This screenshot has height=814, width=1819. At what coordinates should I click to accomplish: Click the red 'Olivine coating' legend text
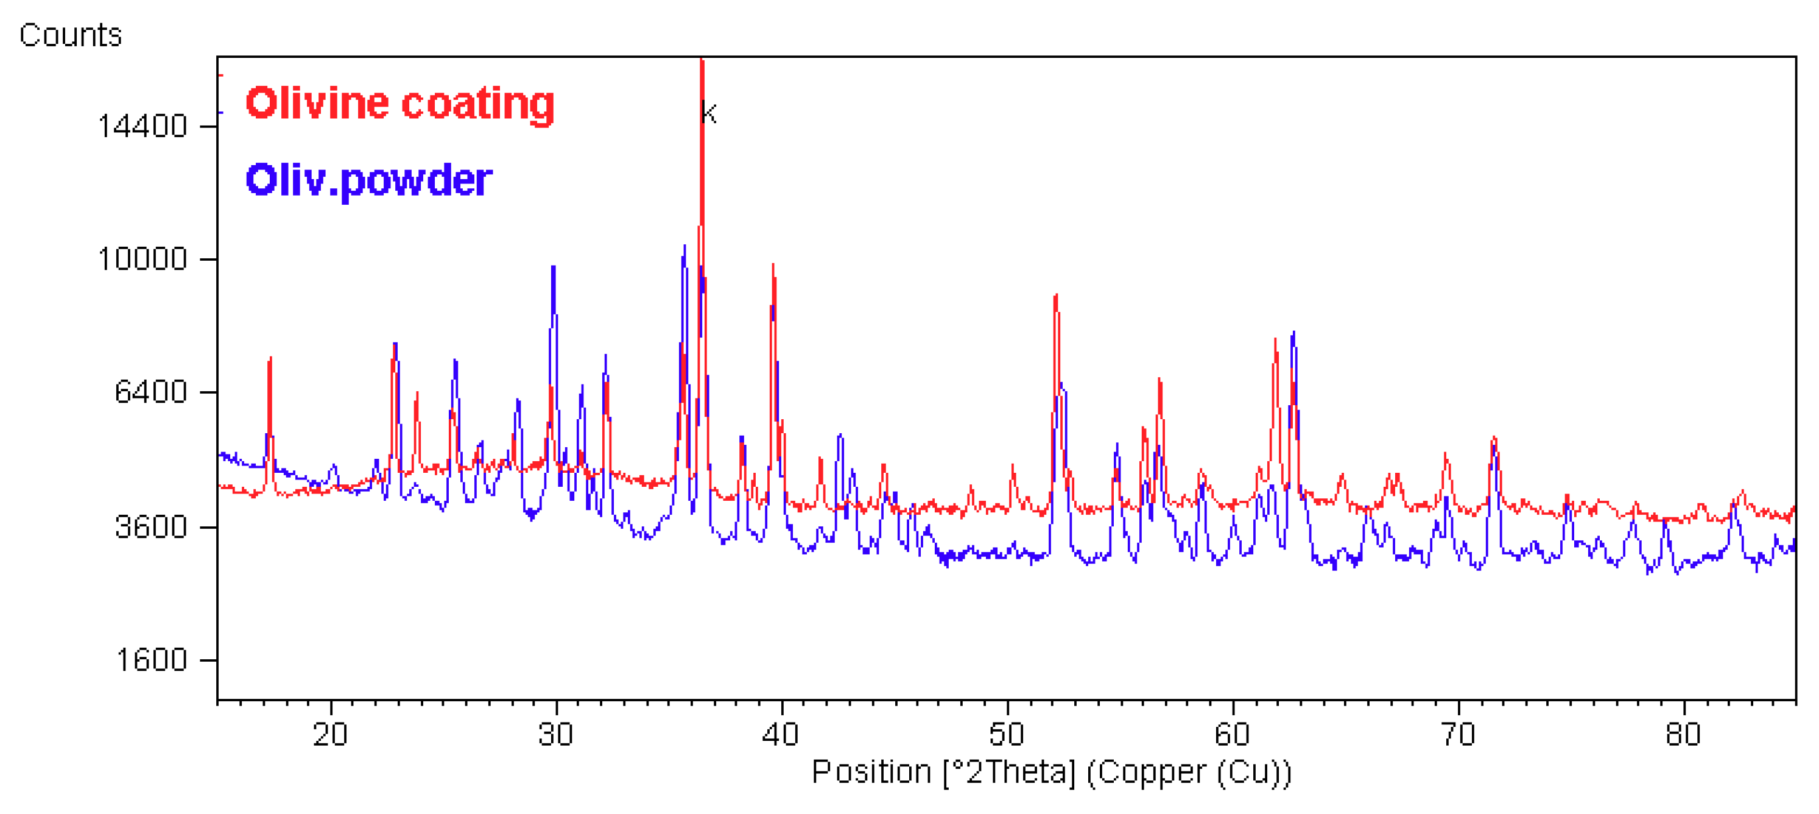tap(399, 103)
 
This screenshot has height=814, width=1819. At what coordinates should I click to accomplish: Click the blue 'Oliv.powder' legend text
tap(368, 180)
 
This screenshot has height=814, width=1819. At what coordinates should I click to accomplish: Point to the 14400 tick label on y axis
tap(142, 127)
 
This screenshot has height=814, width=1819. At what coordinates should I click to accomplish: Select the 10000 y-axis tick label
tap(142, 260)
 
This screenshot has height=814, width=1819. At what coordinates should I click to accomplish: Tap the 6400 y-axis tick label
tap(150, 391)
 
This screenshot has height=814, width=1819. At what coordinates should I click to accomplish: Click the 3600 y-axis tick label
tap(150, 527)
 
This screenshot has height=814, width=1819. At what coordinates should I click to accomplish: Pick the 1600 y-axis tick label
tap(150, 660)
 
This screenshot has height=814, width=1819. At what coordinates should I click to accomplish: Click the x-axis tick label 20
tap(331, 735)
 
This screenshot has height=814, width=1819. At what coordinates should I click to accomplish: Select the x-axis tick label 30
tap(556, 735)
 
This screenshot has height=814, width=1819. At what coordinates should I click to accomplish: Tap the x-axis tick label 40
tap(781, 735)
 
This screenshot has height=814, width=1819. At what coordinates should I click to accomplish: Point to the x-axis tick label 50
tap(1006, 735)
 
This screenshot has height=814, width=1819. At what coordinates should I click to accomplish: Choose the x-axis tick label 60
tap(1232, 735)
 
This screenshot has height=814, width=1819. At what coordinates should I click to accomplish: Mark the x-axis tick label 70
tap(1458, 735)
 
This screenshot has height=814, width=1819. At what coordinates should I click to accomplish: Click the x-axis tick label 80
tap(1683, 735)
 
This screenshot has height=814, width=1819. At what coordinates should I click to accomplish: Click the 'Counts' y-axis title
tap(71, 35)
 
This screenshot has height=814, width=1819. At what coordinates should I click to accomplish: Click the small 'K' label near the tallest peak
tap(709, 113)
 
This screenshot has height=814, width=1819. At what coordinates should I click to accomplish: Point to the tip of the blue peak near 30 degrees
tap(554, 267)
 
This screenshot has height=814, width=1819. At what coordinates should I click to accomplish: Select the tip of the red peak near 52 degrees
tap(1056, 296)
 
